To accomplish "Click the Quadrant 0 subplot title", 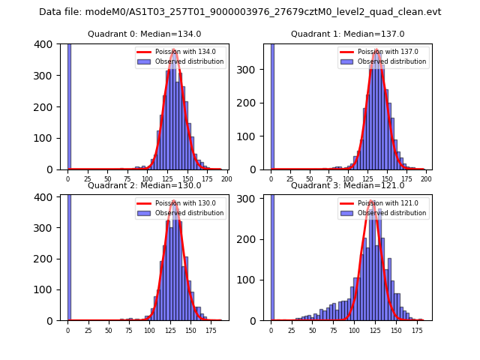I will (x=144, y=34).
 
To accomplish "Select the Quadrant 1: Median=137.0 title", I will (x=347, y=34).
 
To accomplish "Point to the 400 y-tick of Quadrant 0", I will (x=46, y=44).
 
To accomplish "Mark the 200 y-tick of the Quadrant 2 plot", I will (x=46, y=258).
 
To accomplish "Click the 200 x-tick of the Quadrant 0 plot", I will (x=226, y=179).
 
